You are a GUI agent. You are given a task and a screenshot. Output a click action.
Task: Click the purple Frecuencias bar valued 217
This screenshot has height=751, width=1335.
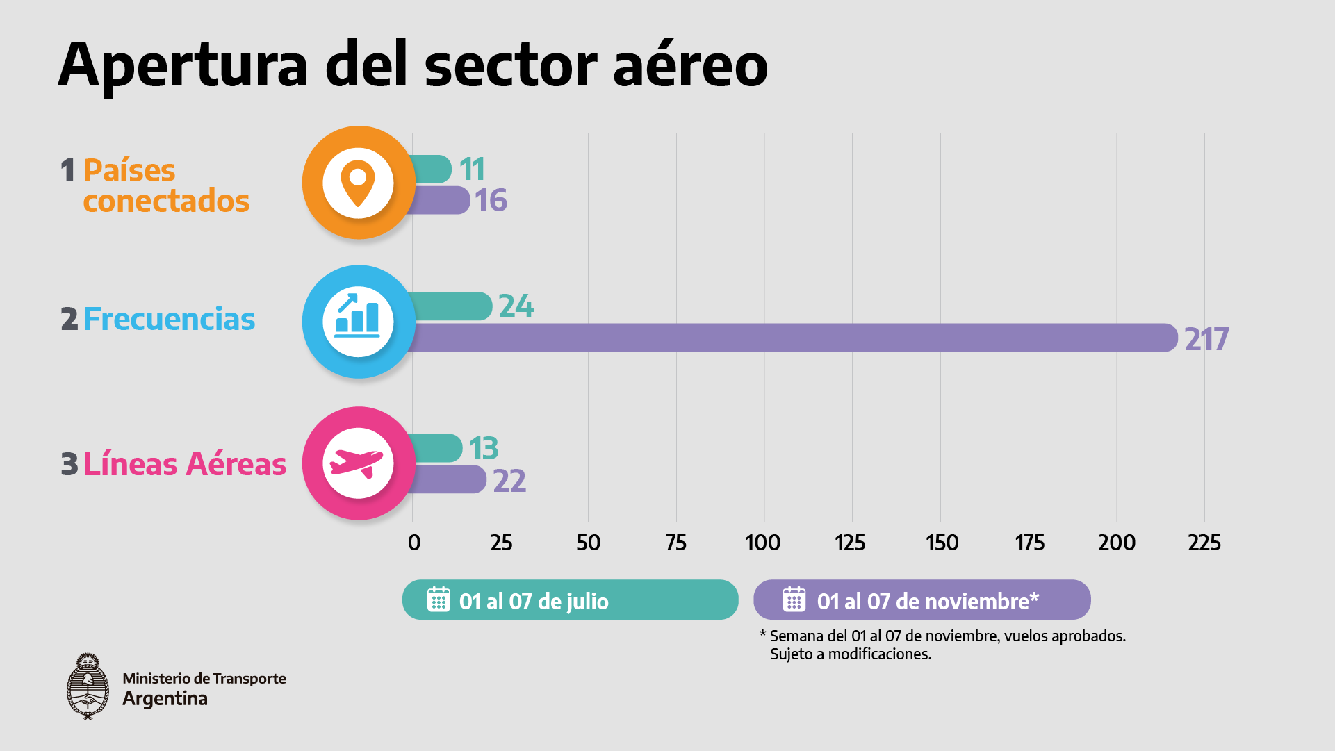click(792, 338)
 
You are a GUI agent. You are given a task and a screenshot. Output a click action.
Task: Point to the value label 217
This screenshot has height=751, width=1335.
click(1206, 340)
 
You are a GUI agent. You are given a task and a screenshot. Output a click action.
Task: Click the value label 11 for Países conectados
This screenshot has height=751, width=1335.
click(472, 170)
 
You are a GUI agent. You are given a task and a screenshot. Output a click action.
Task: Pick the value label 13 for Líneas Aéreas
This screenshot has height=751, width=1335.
click(483, 449)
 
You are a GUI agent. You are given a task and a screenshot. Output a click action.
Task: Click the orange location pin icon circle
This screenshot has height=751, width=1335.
click(359, 183)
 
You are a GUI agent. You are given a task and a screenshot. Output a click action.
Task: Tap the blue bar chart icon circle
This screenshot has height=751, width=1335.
click(359, 322)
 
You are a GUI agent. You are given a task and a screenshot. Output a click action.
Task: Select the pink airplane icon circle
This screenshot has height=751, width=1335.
click(359, 463)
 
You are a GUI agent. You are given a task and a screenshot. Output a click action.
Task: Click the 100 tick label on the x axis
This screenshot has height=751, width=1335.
click(762, 543)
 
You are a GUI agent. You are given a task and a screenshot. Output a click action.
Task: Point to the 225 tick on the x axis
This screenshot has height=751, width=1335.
click(1204, 543)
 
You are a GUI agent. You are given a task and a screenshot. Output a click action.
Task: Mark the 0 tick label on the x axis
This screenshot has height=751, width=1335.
click(414, 543)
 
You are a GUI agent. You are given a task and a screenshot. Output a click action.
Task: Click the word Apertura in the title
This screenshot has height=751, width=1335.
click(183, 66)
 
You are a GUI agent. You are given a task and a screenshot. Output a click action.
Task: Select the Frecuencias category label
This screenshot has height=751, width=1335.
click(169, 320)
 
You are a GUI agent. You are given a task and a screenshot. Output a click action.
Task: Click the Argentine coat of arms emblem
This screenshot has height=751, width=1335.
click(88, 686)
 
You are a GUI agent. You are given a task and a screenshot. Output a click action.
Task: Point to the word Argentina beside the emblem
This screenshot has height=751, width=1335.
click(165, 699)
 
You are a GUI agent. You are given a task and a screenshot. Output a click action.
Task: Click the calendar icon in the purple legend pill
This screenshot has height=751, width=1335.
click(794, 599)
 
